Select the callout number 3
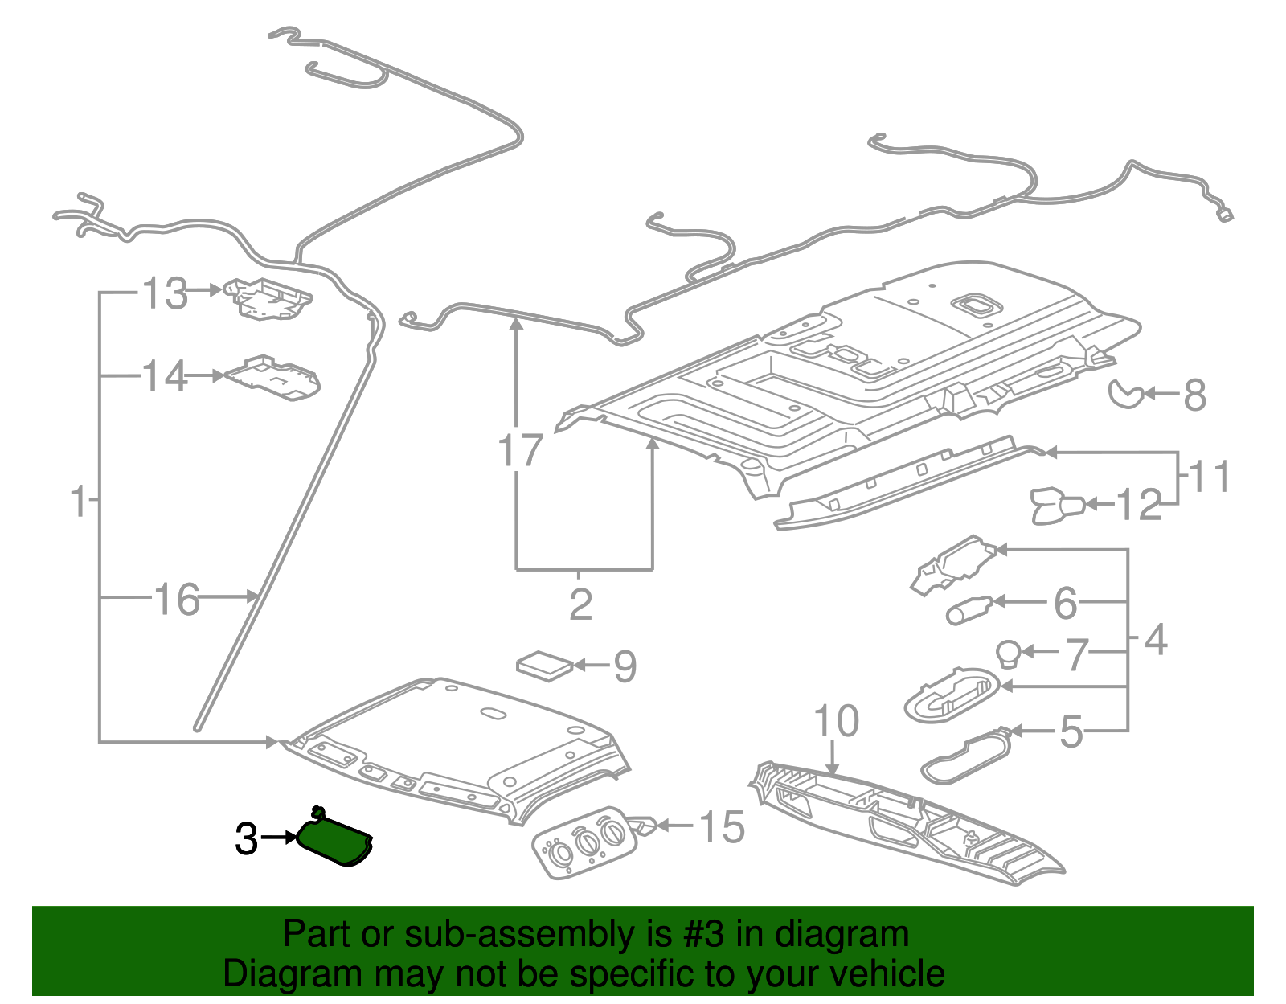click(x=247, y=839)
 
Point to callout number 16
click(x=177, y=600)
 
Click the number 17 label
click(x=521, y=450)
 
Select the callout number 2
click(x=580, y=604)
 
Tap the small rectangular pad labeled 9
click(x=545, y=666)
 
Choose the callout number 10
click(x=836, y=721)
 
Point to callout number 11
click(x=1209, y=477)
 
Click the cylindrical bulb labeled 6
click(x=969, y=609)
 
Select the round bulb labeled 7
click(x=1009, y=654)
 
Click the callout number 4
click(x=1155, y=641)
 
